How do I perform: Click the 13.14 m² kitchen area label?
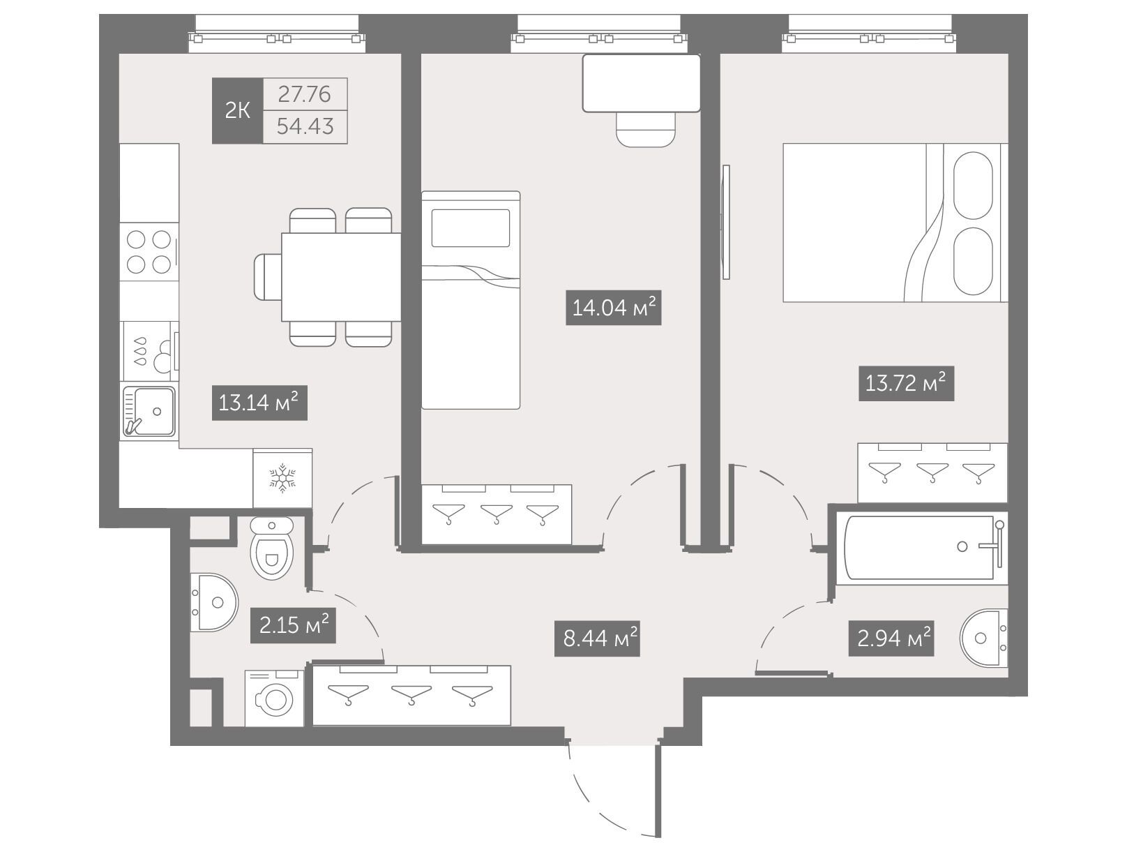[259, 403]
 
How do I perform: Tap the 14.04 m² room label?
[613, 308]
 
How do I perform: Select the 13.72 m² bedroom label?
[906, 384]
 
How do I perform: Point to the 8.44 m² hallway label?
[597, 639]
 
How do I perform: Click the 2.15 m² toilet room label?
[293, 626]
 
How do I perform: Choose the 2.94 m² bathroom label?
[891, 639]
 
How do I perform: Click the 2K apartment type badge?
[237, 111]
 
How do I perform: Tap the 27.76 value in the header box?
[305, 94]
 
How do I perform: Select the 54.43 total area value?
[305, 126]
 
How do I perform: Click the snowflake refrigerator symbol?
[282, 478]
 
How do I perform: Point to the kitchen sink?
[149, 412]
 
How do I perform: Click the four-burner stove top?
[149, 252]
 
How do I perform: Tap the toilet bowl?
[271, 548]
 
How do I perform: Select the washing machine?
[275, 698]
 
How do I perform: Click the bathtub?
[919, 548]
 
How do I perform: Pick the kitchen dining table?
[341, 277]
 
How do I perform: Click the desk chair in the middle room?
[645, 129]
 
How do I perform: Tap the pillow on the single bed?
[470, 228]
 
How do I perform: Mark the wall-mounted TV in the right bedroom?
[725, 222]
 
